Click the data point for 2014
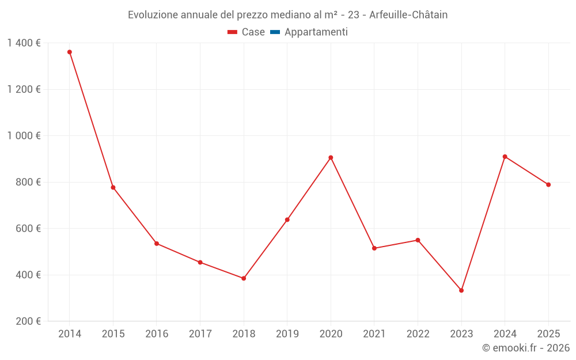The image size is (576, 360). pyautogui.click(x=70, y=52)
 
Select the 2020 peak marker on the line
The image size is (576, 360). pyautogui.click(x=331, y=157)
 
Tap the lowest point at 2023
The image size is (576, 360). pyautogui.click(x=461, y=290)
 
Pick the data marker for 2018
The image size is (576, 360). pyautogui.click(x=244, y=278)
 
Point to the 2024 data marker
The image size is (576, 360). pyautogui.click(x=505, y=157)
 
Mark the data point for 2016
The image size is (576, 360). pyautogui.click(x=157, y=243)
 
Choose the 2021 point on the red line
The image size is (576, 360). pyautogui.click(x=374, y=248)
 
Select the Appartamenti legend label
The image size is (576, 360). pyautogui.click(x=316, y=32)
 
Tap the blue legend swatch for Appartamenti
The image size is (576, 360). pyautogui.click(x=275, y=32)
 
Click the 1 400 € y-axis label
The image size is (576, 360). pyautogui.click(x=24, y=43)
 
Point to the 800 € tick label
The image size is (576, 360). pyautogui.click(x=28, y=182)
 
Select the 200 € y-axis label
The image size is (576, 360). pyautogui.click(x=28, y=321)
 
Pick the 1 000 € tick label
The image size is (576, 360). pyautogui.click(x=24, y=135)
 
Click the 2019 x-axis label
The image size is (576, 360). pyautogui.click(x=287, y=334)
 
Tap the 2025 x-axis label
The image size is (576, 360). pyautogui.click(x=548, y=334)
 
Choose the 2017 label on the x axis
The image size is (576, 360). pyautogui.click(x=200, y=334)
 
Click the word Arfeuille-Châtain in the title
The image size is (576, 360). pyautogui.click(x=408, y=15)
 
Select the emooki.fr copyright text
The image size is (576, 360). pyautogui.click(x=526, y=348)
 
